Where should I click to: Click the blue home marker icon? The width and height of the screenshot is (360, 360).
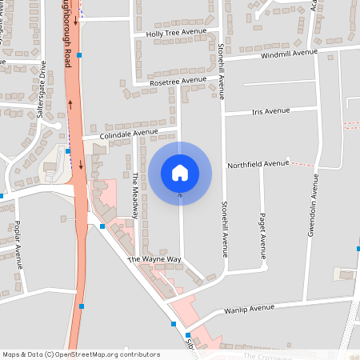180,172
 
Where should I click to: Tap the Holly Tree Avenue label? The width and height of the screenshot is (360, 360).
176,34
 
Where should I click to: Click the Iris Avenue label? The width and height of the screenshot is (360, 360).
270,110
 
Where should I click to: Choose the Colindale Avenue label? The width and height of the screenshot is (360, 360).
130,134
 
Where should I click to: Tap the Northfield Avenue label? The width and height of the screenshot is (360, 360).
258,163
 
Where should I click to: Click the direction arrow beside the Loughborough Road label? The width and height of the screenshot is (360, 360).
76,20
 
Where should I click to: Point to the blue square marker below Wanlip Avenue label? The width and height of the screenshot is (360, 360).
174,323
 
